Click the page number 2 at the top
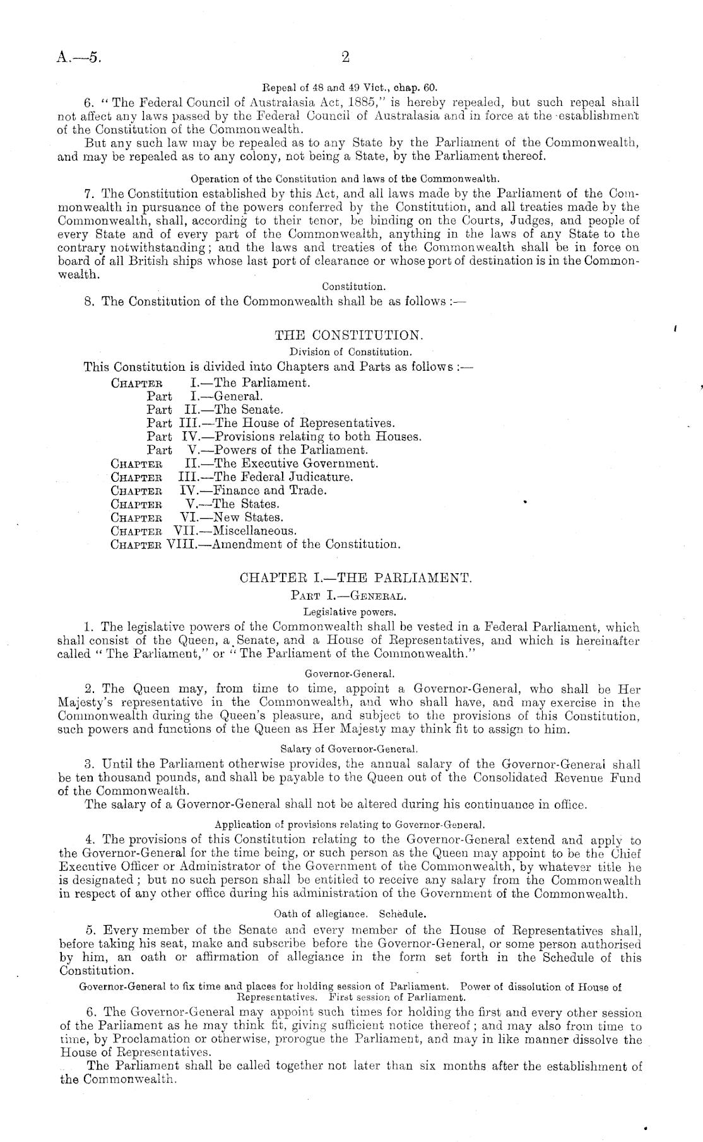tap(345, 57)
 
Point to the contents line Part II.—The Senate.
tap(211, 410)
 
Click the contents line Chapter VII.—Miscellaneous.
tap(203, 531)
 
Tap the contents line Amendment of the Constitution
tap(256, 544)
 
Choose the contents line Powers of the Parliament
tap(257, 450)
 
